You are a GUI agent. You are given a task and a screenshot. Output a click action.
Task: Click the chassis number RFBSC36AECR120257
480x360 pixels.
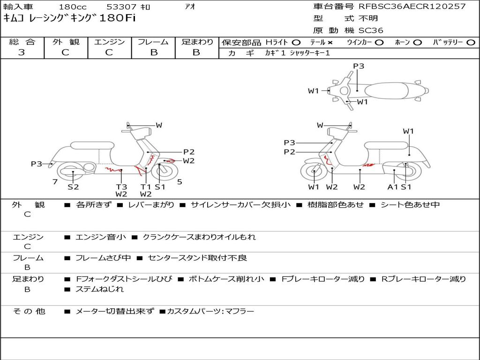(x=412, y=6)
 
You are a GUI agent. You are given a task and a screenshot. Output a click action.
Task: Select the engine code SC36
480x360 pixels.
(x=371, y=30)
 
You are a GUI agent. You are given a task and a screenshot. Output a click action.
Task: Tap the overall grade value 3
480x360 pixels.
(x=22, y=52)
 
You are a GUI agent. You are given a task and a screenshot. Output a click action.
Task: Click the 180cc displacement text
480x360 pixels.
(x=73, y=7)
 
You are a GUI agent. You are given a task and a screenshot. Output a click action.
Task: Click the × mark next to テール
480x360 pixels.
(x=330, y=43)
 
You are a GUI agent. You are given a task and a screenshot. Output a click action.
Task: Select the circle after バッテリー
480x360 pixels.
(x=471, y=43)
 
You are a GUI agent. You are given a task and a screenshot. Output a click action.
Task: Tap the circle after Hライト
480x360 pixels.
(x=296, y=43)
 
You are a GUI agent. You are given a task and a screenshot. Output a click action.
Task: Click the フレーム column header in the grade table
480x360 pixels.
(x=153, y=42)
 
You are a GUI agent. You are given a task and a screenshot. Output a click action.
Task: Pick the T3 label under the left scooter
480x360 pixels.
(x=121, y=187)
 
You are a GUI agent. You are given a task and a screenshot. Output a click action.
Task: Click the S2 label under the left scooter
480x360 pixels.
(x=73, y=187)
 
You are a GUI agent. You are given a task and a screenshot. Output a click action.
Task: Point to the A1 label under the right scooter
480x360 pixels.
(x=392, y=187)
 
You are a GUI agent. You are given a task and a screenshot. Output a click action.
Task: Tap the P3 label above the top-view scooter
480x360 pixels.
(x=359, y=66)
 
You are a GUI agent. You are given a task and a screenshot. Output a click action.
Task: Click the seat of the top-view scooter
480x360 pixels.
(x=386, y=91)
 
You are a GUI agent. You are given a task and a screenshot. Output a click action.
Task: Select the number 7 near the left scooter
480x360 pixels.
(x=55, y=182)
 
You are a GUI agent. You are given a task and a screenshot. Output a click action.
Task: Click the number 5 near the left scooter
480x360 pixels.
(x=180, y=182)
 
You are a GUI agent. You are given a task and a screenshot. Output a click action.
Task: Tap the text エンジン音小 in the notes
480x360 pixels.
(x=100, y=237)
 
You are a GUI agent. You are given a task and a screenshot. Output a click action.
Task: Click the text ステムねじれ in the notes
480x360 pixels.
(x=99, y=289)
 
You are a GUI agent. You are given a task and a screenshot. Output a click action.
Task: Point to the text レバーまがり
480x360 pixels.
(x=151, y=204)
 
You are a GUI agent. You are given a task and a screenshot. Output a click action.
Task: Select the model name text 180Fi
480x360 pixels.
(x=118, y=18)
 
